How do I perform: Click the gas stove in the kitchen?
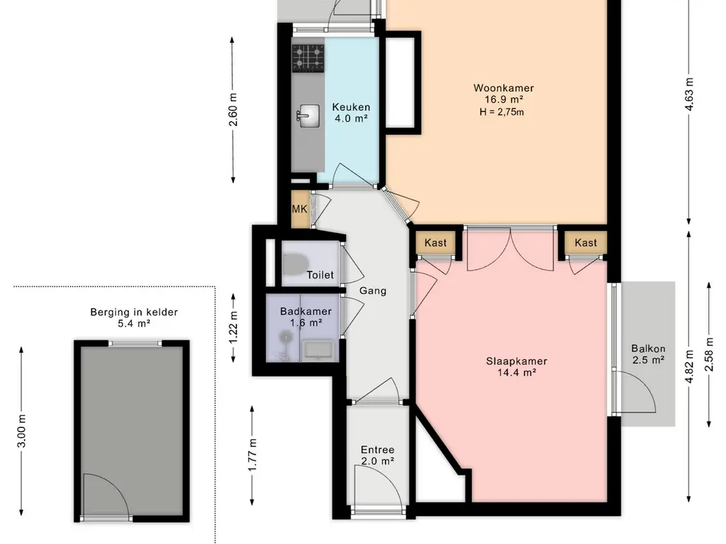click(x=308, y=58)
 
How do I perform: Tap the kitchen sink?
click(x=308, y=115)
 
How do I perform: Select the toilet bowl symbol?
click(x=296, y=264)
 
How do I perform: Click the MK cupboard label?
click(x=300, y=209)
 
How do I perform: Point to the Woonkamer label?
click(x=504, y=88)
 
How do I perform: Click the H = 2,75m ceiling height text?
click(x=502, y=112)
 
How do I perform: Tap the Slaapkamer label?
click(x=517, y=361)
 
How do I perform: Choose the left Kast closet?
click(x=436, y=243)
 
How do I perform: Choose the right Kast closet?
click(x=586, y=243)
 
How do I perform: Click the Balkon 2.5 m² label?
click(x=648, y=354)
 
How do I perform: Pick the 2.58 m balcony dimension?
click(x=709, y=355)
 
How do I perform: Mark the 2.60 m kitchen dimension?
click(x=233, y=110)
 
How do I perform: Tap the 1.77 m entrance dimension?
click(x=252, y=455)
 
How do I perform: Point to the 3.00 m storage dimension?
click(x=21, y=431)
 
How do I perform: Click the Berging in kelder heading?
click(x=134, y=312)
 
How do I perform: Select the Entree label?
click(x=377, y=450)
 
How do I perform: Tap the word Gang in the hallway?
click(x=373, y=290)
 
